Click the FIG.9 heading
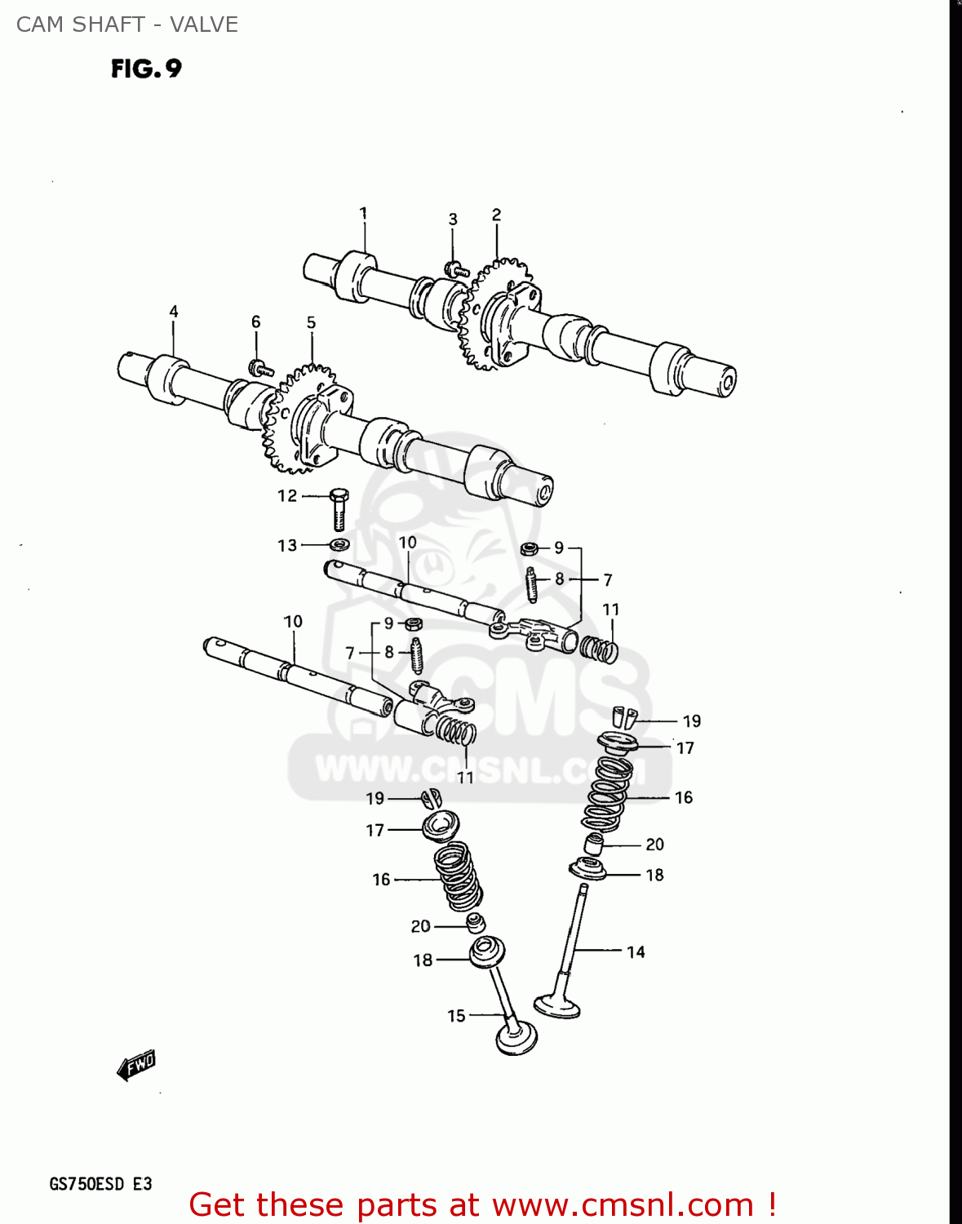[x=146, y=69]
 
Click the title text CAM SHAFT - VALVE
[x=127, y=24]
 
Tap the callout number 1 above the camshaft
[x=363, y=213]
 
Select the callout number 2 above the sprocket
[x=496, y=215]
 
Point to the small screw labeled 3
[x=455, y=268]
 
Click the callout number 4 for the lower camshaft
[x=173, y=312]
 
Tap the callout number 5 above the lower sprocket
[x=311, y=323]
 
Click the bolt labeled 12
[x=339, y=510]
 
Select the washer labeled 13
[x=339, y=544]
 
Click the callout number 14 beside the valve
[x=636, y=951]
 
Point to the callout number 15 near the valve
[x=456, y=1015]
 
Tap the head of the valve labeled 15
[x=516, y=1039]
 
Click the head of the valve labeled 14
[x=556, y=1004]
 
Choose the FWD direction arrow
[x=135, y=1064]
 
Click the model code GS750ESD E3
[x=100, y=1184]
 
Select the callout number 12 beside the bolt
[x=287, y=495]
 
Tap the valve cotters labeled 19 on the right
[x=625, y=716]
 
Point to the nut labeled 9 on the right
[x=530, y=548]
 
